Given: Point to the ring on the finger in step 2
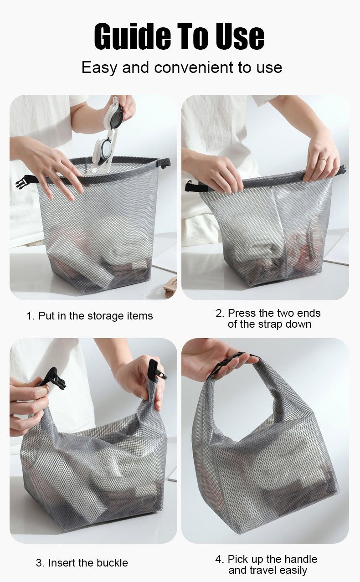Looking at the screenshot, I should pyautogui.click(x=323, y=159).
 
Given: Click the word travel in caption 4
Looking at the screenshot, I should pyautogui.click(x=266, y=570).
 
